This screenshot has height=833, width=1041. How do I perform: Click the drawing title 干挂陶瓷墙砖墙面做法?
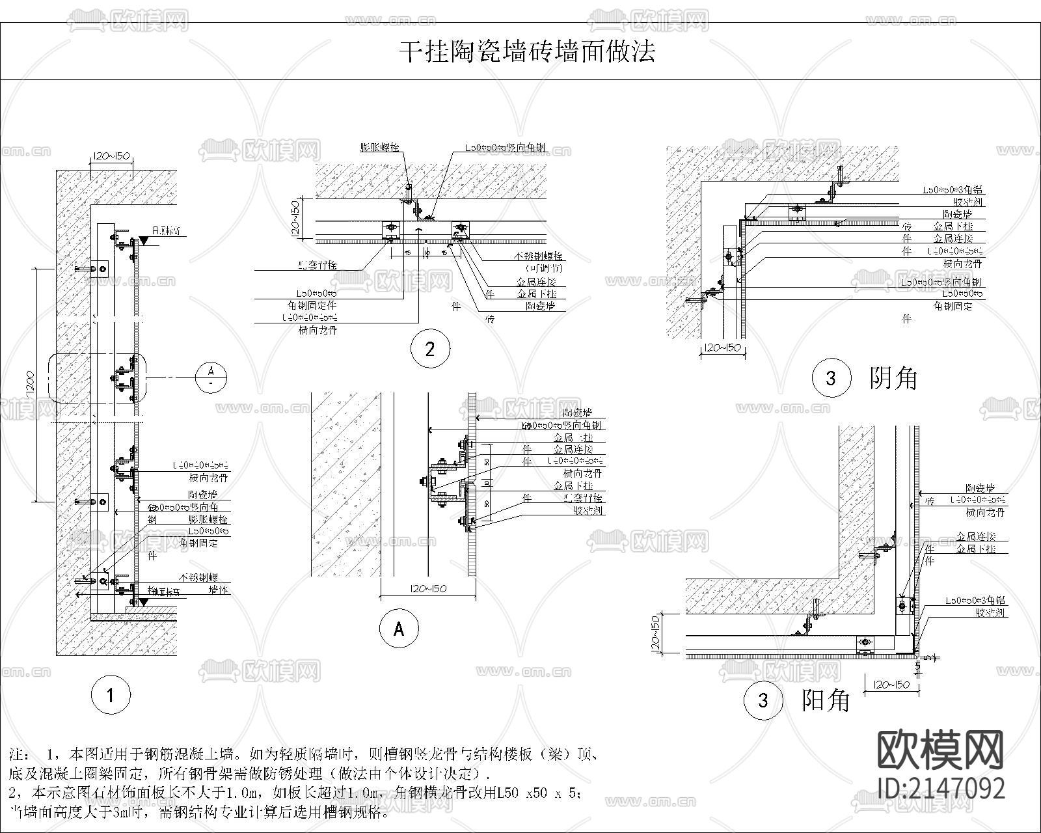point(526,51)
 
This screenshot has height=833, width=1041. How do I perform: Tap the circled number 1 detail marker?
point(111,695)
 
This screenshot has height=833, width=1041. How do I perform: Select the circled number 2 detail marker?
point(429,349)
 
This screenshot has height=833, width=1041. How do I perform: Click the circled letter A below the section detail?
point(399,629)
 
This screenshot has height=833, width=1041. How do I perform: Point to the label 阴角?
point(893,378)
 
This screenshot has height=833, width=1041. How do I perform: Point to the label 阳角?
point(826,700)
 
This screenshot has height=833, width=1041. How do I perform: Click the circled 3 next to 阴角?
point(831,378)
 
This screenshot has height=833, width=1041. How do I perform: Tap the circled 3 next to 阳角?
point(763,700)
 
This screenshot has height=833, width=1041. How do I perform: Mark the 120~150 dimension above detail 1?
point(111,156)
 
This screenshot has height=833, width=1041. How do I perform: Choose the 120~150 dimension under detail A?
point(428,589)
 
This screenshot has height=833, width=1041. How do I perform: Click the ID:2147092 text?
point(941,789)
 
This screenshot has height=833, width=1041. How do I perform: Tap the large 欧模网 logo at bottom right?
point(941,750)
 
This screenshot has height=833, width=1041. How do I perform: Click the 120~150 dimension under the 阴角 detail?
point(722,348)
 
